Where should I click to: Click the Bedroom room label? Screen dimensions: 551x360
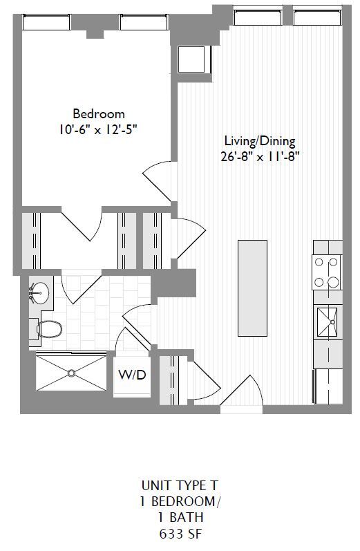click(99, 113)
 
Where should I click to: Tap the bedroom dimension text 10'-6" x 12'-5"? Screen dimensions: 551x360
click(99, 129)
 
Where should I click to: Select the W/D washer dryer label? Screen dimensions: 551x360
click(132, 375)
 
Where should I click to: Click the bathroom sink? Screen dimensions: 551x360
click(39, 294)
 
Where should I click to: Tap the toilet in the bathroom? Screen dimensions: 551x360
click(46, 329)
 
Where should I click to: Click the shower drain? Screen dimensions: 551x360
click(70, 373)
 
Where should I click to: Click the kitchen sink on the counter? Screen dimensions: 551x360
click(328, 321)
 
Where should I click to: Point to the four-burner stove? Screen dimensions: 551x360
click(328, 272)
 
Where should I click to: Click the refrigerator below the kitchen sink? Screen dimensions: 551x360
click(328, 386)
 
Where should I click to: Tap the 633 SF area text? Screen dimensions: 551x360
click(179, 533)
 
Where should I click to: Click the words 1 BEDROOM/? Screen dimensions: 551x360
click(179, 501)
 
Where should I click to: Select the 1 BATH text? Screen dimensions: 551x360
click(179, 516)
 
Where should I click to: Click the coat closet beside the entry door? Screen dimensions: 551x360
click(170, 379)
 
